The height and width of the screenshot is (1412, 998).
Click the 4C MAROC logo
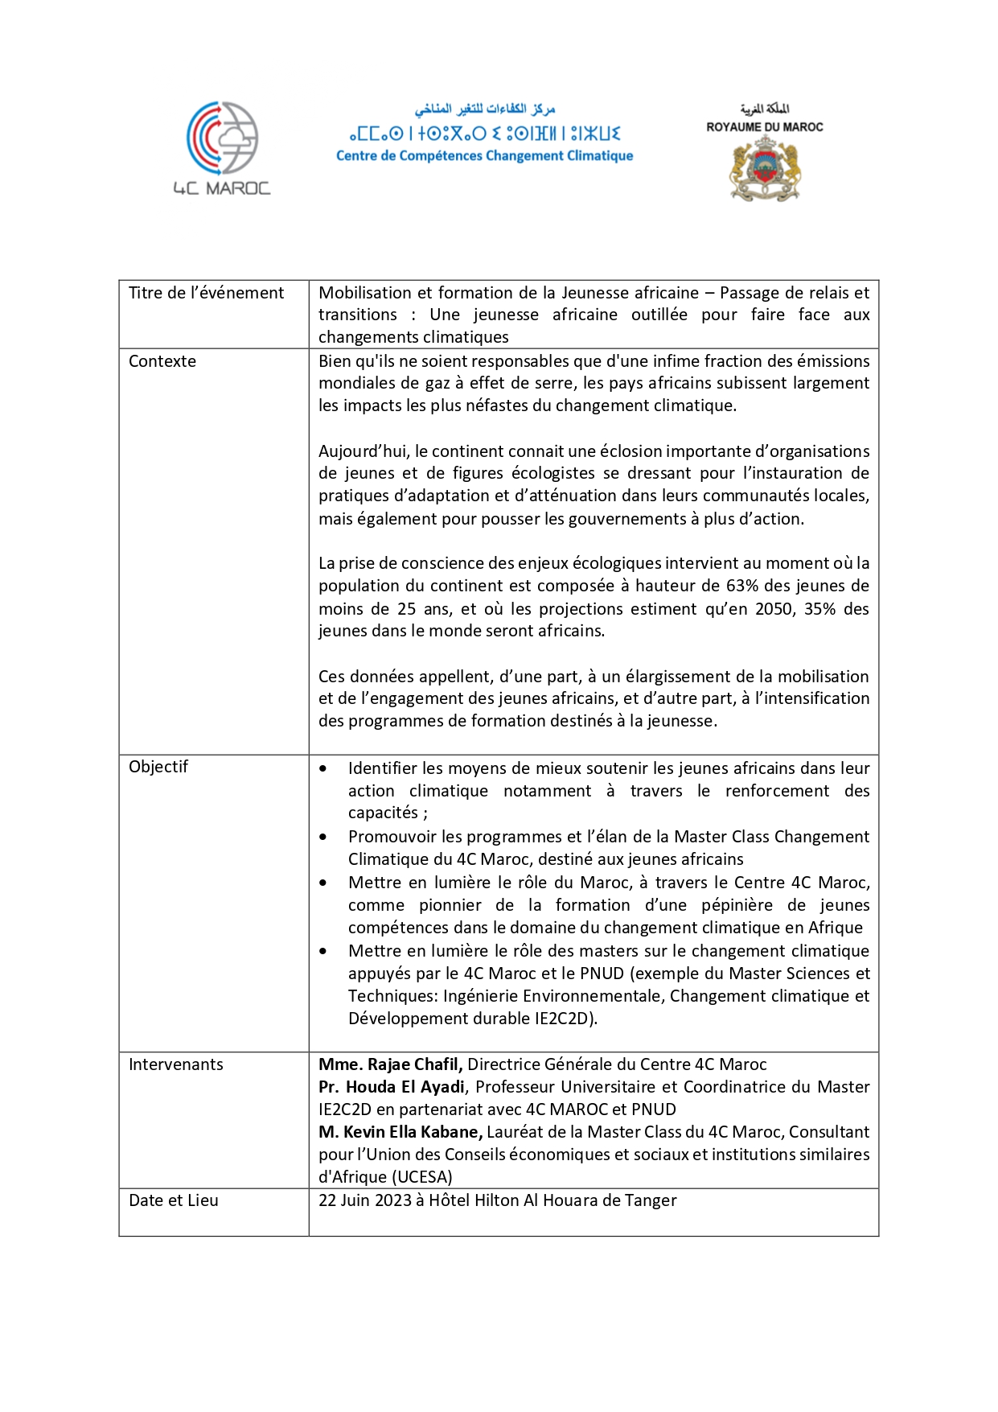pos(222,148)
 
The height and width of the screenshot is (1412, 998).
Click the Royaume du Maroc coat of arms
pos(765,169)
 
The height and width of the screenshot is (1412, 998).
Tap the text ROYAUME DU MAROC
pos(765,127)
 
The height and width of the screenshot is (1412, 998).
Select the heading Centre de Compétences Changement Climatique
pos(484,156)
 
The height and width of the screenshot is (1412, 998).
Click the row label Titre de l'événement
pos(206,293)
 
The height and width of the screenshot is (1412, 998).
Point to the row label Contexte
pos(162,361)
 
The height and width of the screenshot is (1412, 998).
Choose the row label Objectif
pos(158,767)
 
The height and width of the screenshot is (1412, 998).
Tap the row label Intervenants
pos(176,1064)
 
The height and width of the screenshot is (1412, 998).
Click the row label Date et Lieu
pos(174,1200)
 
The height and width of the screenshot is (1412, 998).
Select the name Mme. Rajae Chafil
pos(390,1064)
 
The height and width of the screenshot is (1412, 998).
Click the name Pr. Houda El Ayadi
pos(392,1087)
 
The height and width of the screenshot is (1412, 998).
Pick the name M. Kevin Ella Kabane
pos(400,1132)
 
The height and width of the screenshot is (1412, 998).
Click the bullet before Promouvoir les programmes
pos(323,837)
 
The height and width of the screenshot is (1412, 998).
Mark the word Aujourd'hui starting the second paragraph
pos(363,451)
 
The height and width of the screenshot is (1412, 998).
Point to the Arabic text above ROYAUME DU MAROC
pos(765,109)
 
